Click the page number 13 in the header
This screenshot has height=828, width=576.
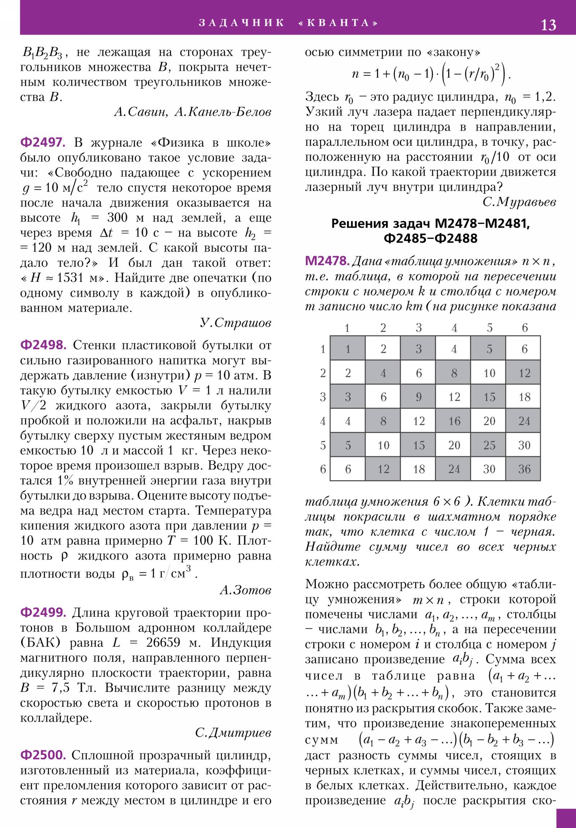[x=548, y=25]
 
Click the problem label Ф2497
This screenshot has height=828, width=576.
[x=42, y=143]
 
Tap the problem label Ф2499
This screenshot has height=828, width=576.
[x=43, y=612]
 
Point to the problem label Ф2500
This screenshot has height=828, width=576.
[x=43, y=755]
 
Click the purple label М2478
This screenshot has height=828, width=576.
[x=327, y=261]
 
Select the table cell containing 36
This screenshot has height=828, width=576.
[x=524, y=469]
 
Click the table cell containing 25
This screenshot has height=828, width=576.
[x=489, y=445]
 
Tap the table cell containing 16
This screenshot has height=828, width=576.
[x=454, y=421]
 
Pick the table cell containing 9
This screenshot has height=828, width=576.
[x=418, y=397]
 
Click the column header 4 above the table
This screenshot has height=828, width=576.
[x=454, y=328]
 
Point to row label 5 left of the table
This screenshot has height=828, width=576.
[x=323, y=445]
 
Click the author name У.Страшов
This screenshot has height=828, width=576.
[x=235, y=323]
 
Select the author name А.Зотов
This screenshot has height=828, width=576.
[x=245, y=590]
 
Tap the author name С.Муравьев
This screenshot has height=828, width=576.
[x=519, y=202]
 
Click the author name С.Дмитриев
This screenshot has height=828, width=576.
[x=233, y=733]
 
